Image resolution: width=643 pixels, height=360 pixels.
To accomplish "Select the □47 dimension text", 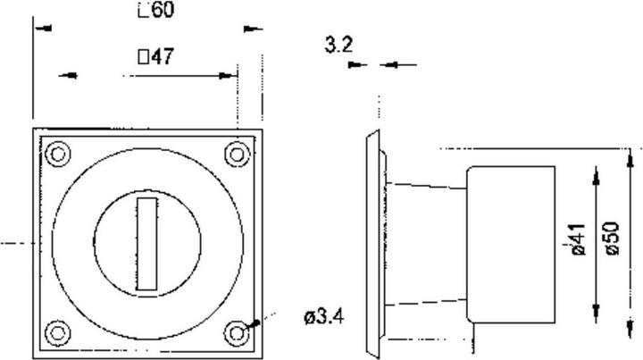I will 154,57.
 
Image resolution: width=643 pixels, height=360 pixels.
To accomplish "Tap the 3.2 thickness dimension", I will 337,45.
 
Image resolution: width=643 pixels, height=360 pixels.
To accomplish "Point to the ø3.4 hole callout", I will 323,316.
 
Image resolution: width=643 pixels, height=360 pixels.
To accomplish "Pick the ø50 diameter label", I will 612,239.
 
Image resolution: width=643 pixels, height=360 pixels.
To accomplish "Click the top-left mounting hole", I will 58,154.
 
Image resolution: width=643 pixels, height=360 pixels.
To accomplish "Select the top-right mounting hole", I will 237,154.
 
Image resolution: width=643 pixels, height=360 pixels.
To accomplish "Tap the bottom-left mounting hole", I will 58,332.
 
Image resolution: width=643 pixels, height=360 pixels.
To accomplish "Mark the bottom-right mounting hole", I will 237,332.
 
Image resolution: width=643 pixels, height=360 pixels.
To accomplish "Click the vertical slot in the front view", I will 147,243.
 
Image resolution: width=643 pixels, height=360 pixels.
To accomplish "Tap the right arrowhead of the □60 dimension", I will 254,29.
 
